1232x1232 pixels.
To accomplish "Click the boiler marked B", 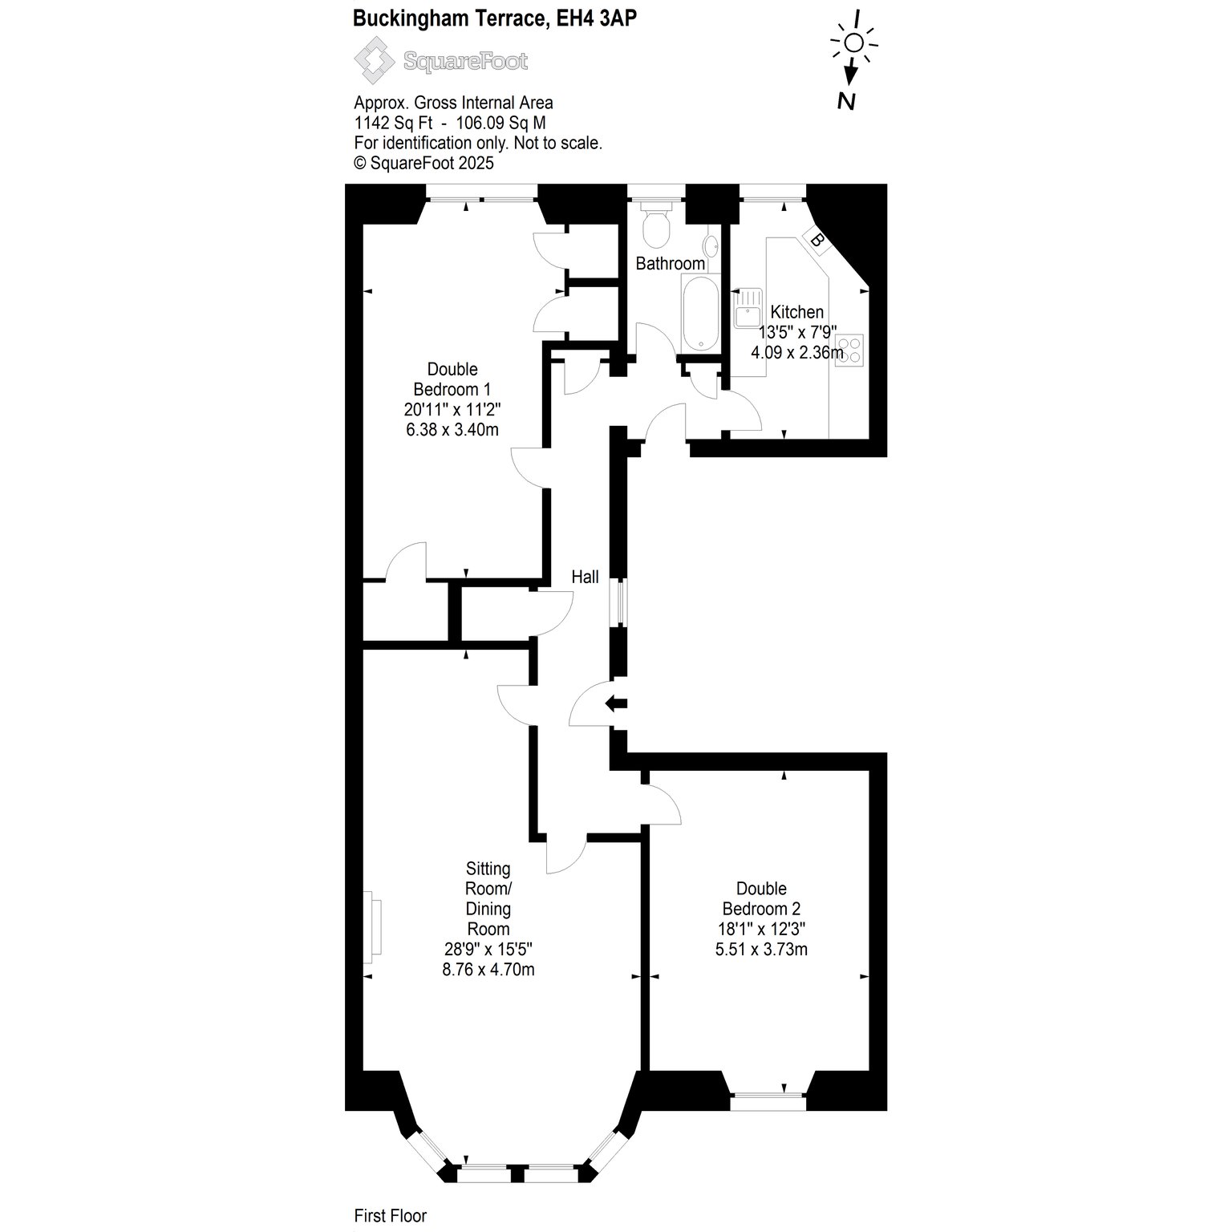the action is pos(817,239).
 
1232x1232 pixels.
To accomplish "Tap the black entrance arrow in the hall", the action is pos(616,704).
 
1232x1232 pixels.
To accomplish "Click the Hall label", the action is pos(585,577).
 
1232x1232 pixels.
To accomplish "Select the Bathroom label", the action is pos(671,263).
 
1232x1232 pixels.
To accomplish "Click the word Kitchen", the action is pos(796,312).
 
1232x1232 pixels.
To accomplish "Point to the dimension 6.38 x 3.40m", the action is pos(452,429).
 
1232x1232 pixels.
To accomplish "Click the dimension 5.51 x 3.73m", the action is pos(761,949).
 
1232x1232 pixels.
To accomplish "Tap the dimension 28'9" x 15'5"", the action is pos(488,949).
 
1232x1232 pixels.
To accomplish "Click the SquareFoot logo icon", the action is pos(375,62).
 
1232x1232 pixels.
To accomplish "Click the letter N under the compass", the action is pos(845,101).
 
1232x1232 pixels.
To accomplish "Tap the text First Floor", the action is pos(391,1216).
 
